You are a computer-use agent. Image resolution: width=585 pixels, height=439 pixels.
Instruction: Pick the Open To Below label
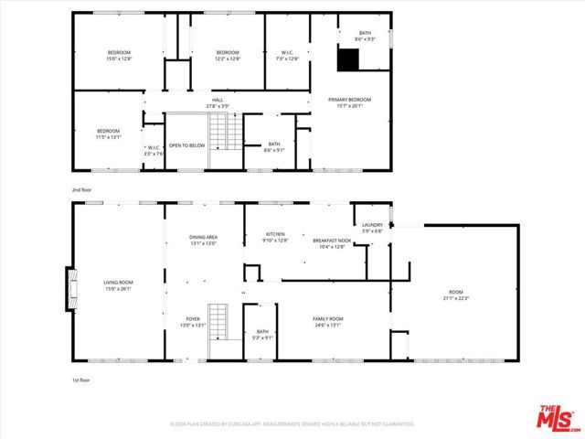186,145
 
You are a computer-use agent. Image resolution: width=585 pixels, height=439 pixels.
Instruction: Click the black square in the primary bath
347,59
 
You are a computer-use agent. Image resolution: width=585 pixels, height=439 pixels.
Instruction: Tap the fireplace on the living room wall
69,287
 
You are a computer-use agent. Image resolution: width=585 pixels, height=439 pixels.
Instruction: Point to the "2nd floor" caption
82,189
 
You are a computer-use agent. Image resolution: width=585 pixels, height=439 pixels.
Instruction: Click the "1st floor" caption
82,379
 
